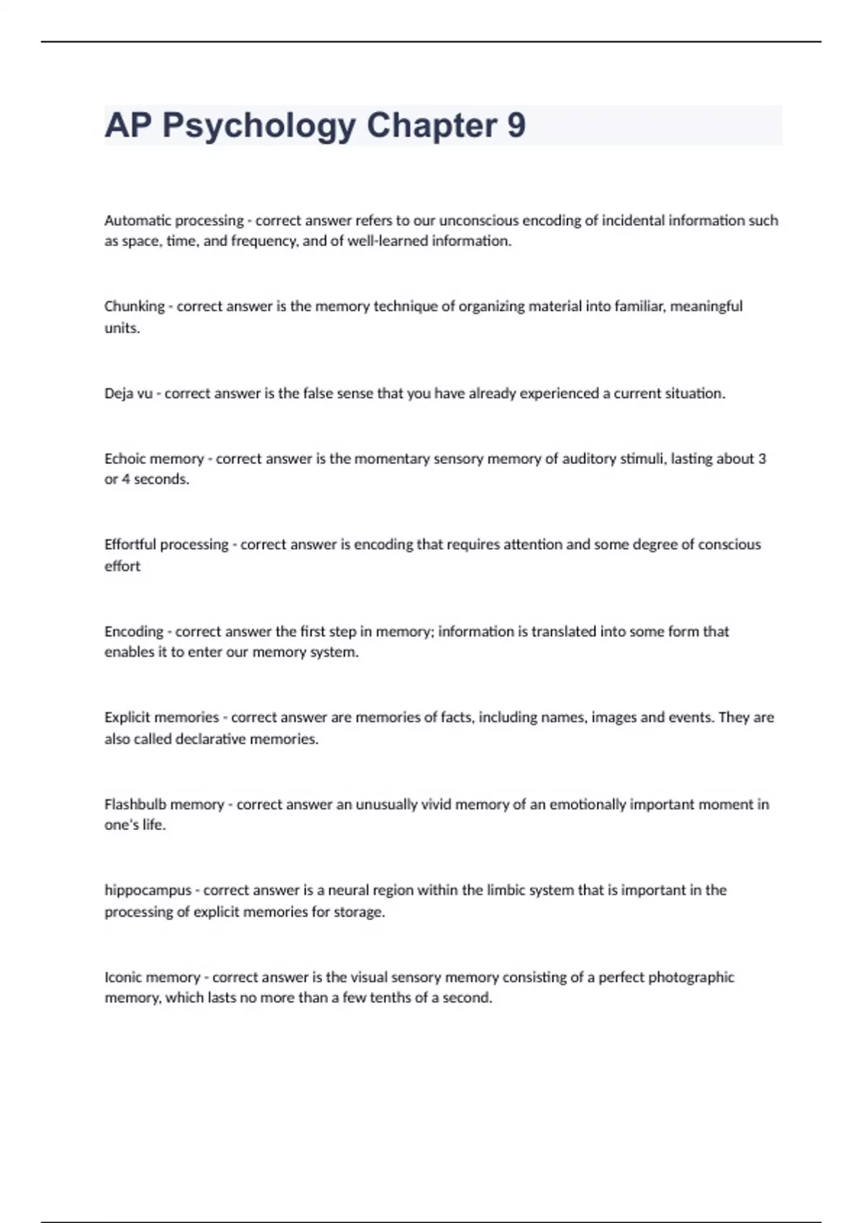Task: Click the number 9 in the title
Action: point(516,125)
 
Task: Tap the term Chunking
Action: point(134,306)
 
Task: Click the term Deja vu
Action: point(129,394)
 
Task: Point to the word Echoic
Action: point(125,458)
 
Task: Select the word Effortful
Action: point(130,545)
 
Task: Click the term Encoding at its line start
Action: point(134,632)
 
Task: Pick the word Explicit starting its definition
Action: point(127,717)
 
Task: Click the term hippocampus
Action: point(147,891)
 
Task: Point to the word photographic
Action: point(691,977)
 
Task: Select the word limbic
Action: point(506,890)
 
